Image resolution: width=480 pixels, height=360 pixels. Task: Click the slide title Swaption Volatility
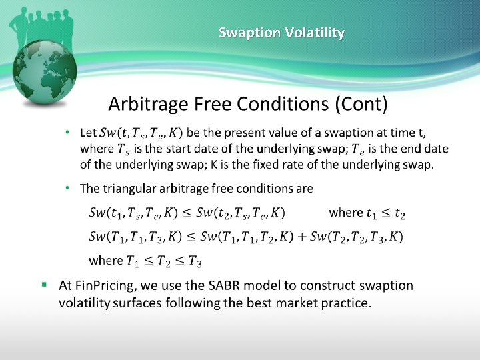(x=281, y=33)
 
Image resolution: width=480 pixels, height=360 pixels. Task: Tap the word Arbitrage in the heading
(x=148, y=104)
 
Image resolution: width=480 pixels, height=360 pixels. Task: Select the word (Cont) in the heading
(x=361, y=104)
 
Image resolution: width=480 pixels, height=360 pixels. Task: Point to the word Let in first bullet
(x=88, y=133)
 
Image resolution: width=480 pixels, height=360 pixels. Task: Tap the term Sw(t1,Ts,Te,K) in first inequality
(x=132, y=213)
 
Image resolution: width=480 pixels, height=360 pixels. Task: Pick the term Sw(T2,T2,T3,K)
(x=357, y=237)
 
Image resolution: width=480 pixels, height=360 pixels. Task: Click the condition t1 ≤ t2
(x=385, y=213)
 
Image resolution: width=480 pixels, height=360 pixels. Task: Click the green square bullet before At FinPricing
(x=44, y=285)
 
